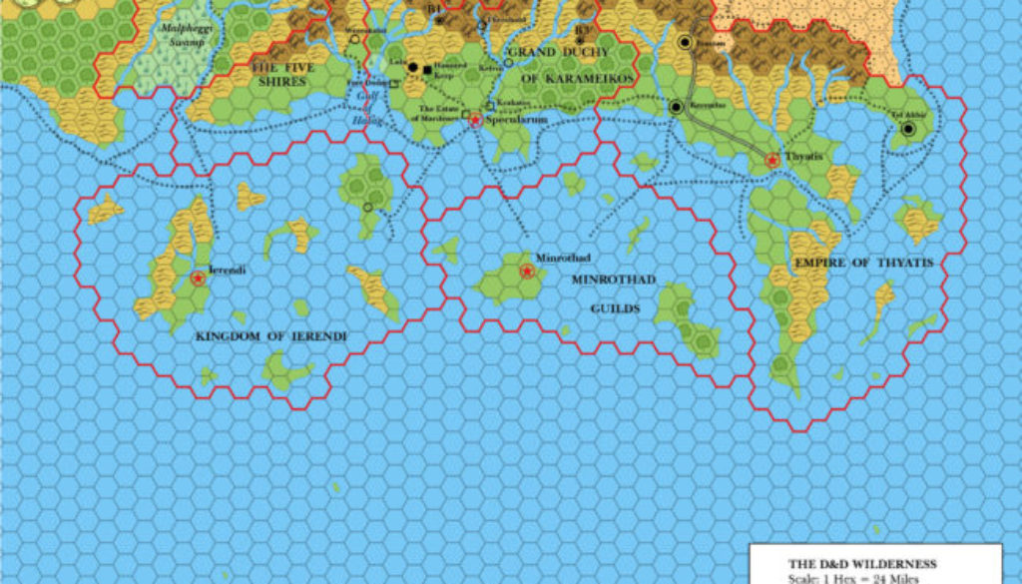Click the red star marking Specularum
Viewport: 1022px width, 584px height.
(476, 120)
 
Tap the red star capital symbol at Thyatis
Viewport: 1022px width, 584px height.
(772, 160)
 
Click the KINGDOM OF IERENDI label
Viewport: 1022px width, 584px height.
(271, 336)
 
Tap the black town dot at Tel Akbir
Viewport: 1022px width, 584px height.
(908, 129)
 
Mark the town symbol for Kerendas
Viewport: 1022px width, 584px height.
(676, 107)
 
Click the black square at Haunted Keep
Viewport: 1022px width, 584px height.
(427, 69)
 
